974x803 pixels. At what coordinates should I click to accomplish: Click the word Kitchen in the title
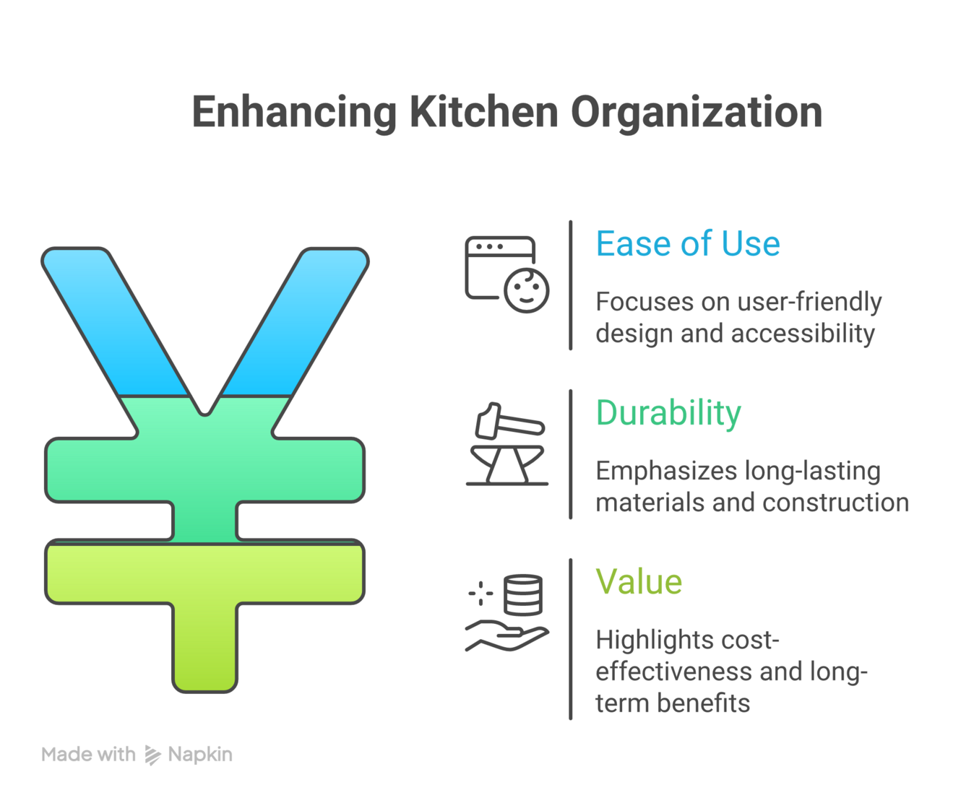pyautogui.click(x=483, y=113)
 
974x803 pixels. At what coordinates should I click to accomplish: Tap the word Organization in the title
pyautogui.click(x=697, y=113)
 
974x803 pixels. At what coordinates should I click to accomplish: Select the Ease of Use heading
pyautogui.click(x=687, y=244)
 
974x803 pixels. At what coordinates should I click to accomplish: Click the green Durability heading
pyautogui.click(x=668, y=413)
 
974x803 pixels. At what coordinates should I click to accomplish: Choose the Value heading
pyautogui.click(x=639, y=582)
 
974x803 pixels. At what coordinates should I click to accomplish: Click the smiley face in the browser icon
pyautogui.click(x=527, y=290)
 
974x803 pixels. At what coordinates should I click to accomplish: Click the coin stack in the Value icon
pyautogui.click(x=523, y=594)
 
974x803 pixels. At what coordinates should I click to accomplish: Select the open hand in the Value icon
pyautogui.click(x=506, y=636)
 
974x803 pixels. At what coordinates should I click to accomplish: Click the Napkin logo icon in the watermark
pyautogui.click(x=152, y=755)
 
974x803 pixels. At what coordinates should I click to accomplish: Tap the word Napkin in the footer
pyautogui.click(x=200, y=755)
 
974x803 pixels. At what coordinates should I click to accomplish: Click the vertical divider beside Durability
pyautogui.click(x=571, y=454)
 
